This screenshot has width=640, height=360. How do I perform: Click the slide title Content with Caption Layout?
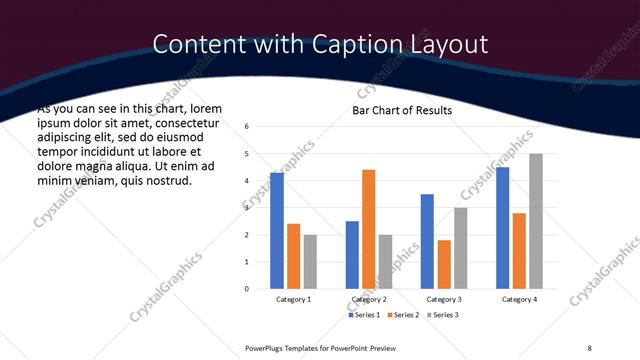[320, 44]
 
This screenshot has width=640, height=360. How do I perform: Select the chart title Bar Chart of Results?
[401, 110]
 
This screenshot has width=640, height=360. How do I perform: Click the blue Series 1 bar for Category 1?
[277, 231]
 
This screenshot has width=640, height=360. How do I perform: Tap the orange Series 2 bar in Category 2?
[368, 229]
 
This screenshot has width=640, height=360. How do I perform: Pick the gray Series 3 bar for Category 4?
[535, 221]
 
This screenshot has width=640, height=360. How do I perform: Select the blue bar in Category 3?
[427, 241]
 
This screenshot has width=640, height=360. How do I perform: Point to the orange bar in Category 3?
[444, 264]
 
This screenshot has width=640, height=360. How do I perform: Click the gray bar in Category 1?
[310, 262]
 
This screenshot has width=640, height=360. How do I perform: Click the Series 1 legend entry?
[364, 315]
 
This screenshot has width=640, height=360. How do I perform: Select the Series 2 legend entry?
[402, 315]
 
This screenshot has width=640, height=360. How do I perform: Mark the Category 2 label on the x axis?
[368, 300]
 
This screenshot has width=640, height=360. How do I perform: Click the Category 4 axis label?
[519, 300]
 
